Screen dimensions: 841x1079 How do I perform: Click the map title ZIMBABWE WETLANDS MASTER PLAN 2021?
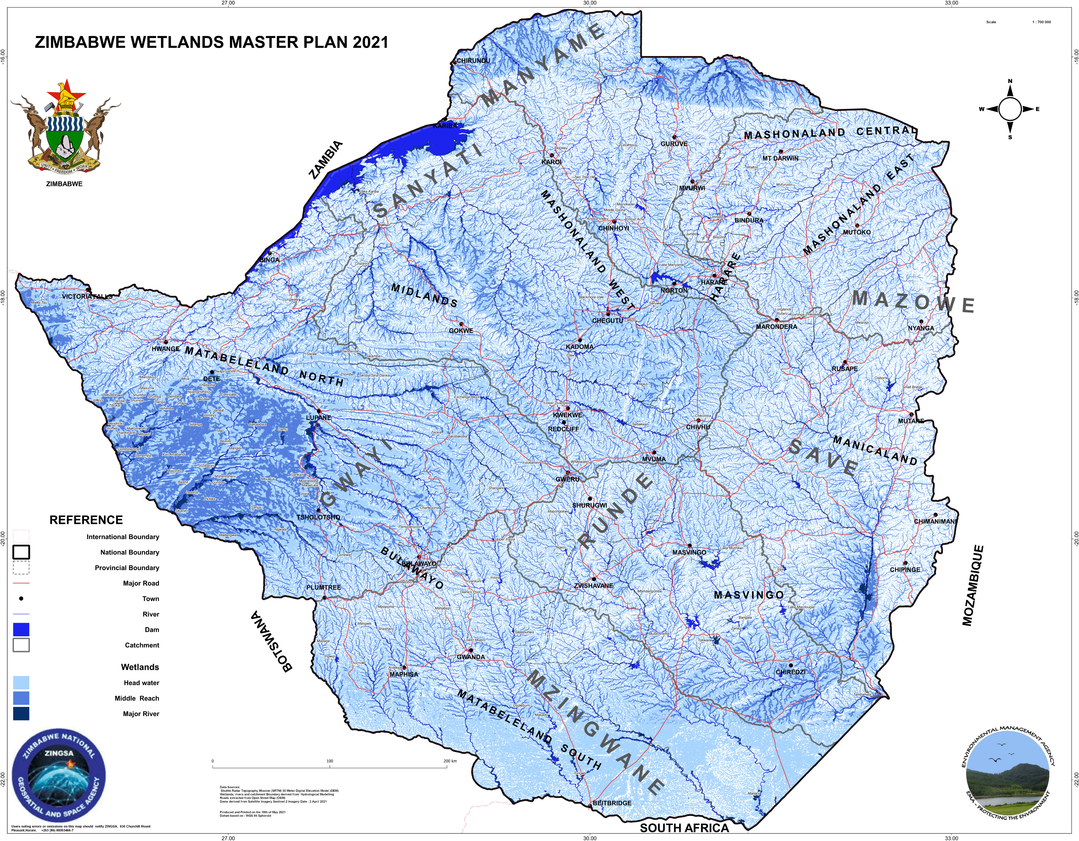click(212, 43)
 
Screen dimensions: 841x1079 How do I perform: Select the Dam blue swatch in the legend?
click(21, 630)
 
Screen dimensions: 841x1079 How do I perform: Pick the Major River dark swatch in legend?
click(21, 714)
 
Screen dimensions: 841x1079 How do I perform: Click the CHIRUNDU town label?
click(473, 61)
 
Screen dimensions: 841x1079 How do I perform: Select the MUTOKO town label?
click(857, 232)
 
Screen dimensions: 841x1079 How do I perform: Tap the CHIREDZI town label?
click(790, 672)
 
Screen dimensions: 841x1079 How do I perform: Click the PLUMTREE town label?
click(324, 587)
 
